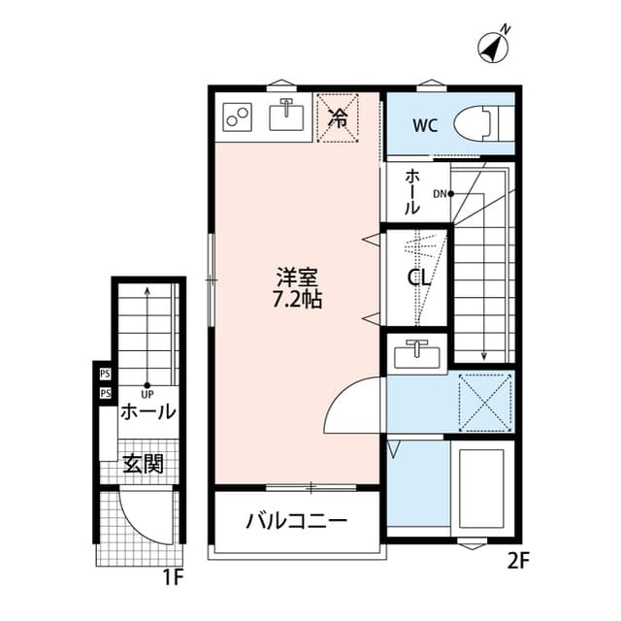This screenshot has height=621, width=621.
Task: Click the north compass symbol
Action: coord(496,46)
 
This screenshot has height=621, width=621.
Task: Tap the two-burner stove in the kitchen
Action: coord(237,117)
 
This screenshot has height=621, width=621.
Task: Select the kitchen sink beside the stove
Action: coord(286,117)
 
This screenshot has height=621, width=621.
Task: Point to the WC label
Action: coord(424,124)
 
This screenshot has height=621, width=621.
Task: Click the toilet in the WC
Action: coord(485,123)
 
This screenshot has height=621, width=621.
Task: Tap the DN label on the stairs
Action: coord(440,193)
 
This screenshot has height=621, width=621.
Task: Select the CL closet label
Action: coord(418,278)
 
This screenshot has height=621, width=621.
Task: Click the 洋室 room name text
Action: coord(297,276)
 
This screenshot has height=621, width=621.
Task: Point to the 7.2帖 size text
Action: coord(297,299)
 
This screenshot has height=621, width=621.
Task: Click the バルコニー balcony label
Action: coord(296,521)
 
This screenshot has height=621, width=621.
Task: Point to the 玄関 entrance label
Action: coord(142,463)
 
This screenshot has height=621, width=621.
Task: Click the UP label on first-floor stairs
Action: coord(147,394)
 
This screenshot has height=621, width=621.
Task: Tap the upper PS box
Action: coord(104,373)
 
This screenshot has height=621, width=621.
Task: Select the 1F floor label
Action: coord(173,580)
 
